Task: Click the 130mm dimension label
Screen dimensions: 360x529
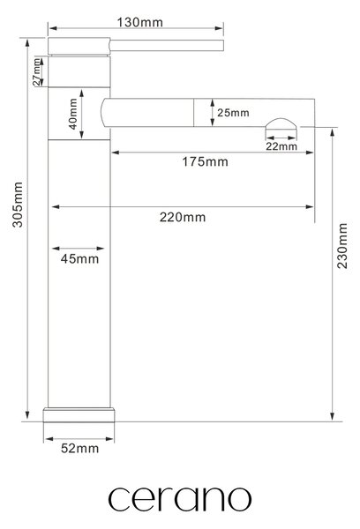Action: (139, 23)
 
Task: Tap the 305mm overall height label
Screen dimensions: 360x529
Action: (18, 205)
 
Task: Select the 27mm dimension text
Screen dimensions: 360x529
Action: (36, 72)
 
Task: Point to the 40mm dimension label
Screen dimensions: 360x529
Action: (73, 114)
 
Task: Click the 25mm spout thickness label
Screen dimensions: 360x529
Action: (233, 113)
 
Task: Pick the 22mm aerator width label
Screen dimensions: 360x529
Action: (281, 146)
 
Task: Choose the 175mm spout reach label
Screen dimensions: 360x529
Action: (205, 162)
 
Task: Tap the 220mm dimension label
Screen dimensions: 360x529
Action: (183, 217)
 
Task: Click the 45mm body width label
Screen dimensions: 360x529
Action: (79, 259)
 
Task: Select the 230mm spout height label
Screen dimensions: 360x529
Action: (342, 246)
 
